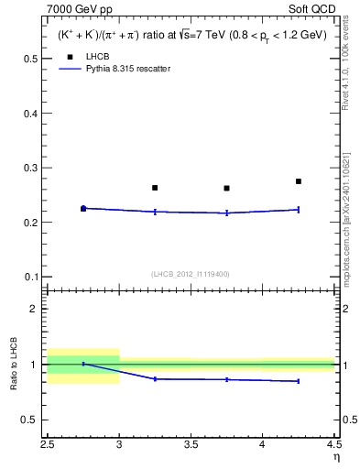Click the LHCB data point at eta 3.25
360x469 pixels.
(155, 188)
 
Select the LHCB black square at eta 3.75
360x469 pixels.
(226, 189)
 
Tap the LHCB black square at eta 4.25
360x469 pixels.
(299, 181)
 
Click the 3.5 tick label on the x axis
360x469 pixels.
(191, 445)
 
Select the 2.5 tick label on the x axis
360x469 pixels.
(48, 445)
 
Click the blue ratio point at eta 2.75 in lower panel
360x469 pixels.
(83, 364)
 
